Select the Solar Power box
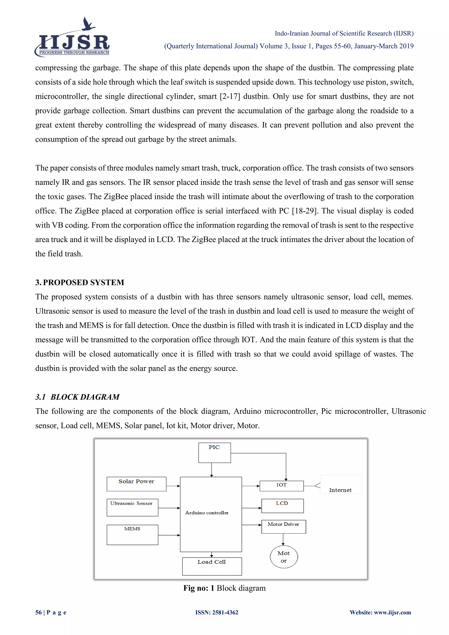tap(136, 484)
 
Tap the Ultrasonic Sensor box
tap(132, 507)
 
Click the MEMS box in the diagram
tap(132, 535)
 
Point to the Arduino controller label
tap(207, 512)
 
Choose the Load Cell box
tap(212, 566)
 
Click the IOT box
tap(282, 486)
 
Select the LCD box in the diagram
tap(282, 506)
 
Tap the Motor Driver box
tap(283, 527)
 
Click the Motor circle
tap(284, 557)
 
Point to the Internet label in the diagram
tap(340, 490)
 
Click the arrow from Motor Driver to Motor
tap(283, 539)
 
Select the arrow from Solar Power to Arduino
tap(173, 486)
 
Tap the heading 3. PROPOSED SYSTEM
tap(80, 282)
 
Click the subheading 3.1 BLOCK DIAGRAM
tap(77, 397)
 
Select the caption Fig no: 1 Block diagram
tap(224, 588)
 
